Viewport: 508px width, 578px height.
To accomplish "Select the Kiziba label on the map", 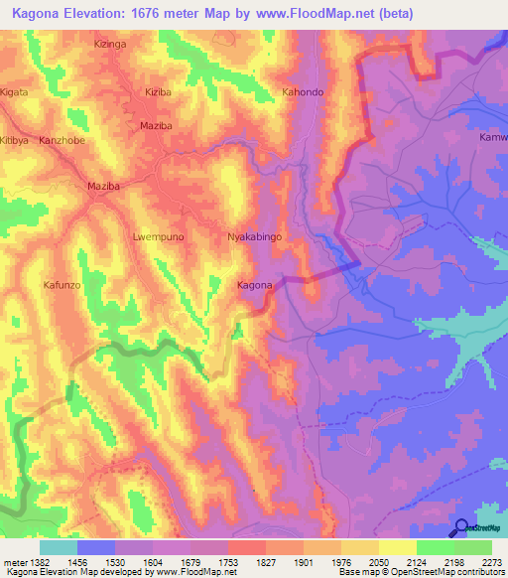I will point(158,91).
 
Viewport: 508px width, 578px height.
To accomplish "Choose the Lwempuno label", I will point(159,237).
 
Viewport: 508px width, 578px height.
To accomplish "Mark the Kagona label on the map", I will point(255,286).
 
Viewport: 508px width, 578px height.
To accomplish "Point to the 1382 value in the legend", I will point(37,563).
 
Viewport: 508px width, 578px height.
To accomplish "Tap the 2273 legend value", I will point(492,563).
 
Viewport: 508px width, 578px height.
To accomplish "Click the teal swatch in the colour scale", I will point(58,547).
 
